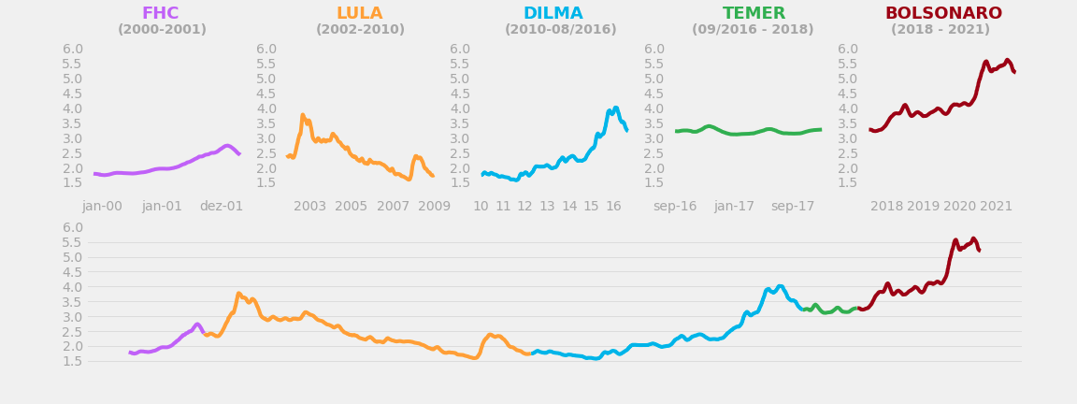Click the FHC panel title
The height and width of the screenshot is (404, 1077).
[160, 14]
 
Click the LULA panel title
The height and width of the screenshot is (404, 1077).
[359, 14]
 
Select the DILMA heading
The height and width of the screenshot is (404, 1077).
[553, 14]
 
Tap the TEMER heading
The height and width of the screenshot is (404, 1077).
[754, 14]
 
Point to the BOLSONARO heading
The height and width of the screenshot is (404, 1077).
[943, 14]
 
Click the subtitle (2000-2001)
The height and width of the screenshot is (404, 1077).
[162, 30]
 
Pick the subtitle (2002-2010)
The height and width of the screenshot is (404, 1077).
[360, 30]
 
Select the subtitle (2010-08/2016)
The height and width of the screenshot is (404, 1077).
[560, 30]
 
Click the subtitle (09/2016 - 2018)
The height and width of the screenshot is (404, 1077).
[753, 30]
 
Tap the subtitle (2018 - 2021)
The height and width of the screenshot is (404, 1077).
[940, 30]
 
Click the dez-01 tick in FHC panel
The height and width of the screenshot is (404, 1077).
[222, 207]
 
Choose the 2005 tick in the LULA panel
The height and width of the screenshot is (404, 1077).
[351, 207]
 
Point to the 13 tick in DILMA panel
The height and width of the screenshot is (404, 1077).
[547, 207]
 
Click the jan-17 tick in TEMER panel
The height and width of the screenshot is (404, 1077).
[734, 207]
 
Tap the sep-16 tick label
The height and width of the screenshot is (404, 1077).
[675, 207]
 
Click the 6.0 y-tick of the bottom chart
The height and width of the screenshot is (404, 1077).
[73, 228]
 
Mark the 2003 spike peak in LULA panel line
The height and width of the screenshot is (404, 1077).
[303, 115]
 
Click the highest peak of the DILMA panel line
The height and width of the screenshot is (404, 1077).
[615, 108]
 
